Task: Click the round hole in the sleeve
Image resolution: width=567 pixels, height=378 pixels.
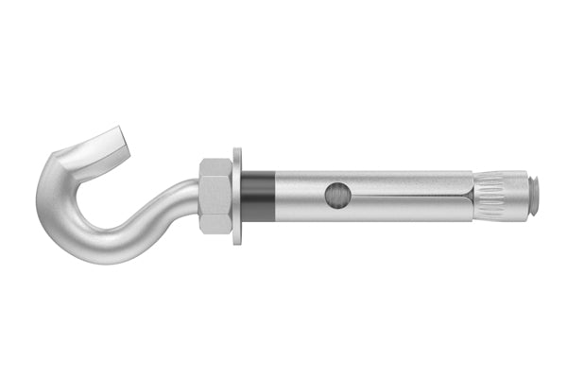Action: click(335, 196)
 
